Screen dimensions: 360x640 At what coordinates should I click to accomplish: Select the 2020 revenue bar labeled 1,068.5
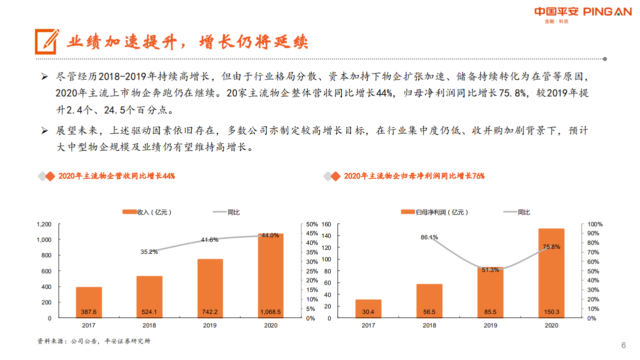click(x=271, y=275)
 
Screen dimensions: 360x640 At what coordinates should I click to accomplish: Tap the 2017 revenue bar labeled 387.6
click(x=89, y=302)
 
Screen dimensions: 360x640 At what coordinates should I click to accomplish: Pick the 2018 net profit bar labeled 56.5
click(x=429, y=301)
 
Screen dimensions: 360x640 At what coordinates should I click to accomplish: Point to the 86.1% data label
click(x=429, y=237)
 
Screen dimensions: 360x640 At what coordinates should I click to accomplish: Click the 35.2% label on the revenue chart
click(x=149, y=252)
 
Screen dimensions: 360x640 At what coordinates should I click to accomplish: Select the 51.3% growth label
click(x=490, y=270)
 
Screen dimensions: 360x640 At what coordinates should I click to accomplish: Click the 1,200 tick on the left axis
click(x=44, y=224)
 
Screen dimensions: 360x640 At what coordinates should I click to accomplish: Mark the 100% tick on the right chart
click(x=595, y=224)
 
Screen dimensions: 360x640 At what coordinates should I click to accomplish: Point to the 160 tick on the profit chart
click(x=327, y=224)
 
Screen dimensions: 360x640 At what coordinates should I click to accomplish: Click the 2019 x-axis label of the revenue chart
click(x=210, y=325)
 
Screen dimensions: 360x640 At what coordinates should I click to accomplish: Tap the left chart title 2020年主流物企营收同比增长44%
click(x=116, y=176)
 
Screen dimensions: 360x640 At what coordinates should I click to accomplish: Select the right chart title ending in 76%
click(x=414, y=176)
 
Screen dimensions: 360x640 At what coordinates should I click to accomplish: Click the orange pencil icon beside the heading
click(x=47, y=42)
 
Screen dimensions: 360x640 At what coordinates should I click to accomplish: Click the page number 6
click(x=623, y=345)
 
